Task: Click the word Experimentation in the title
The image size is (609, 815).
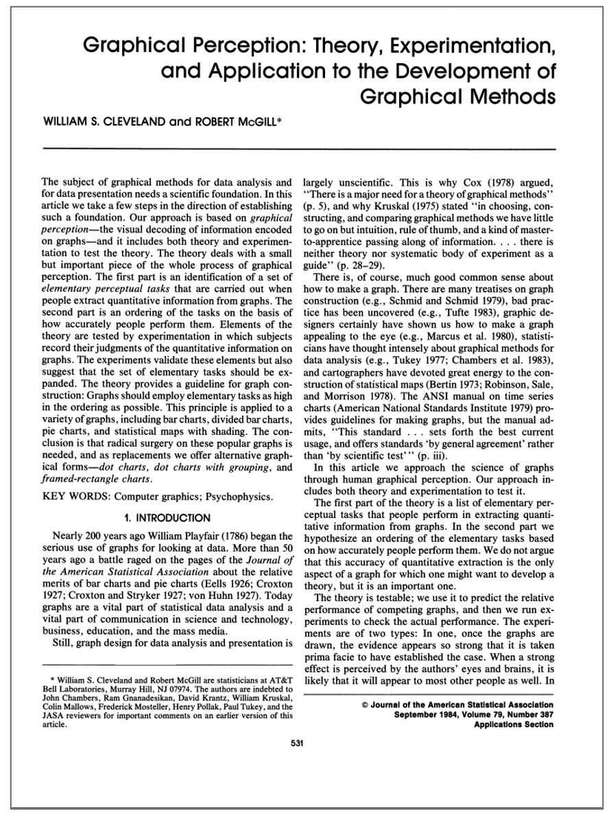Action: point(468,47)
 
